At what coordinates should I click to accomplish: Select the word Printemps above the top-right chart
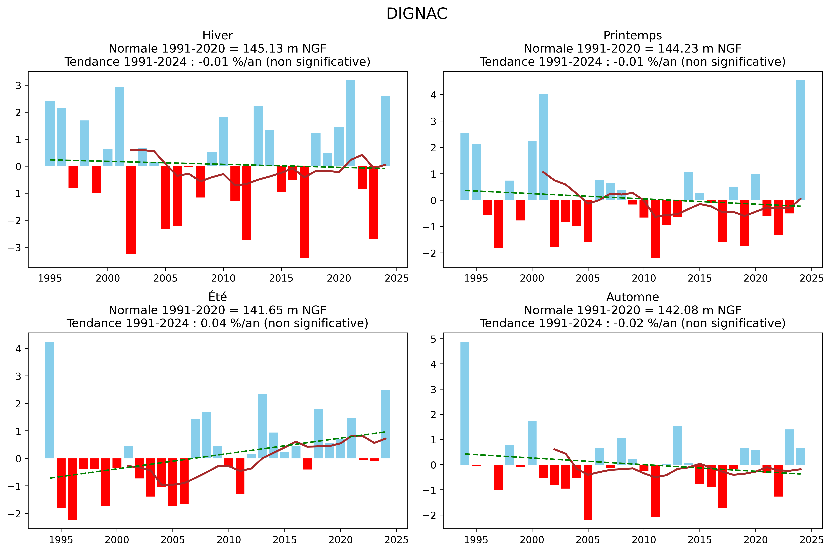632,36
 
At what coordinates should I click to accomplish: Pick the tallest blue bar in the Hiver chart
350,123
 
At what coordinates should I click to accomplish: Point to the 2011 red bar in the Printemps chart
655,229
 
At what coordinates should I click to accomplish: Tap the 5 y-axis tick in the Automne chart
433,339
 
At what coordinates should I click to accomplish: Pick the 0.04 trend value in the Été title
213,323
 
